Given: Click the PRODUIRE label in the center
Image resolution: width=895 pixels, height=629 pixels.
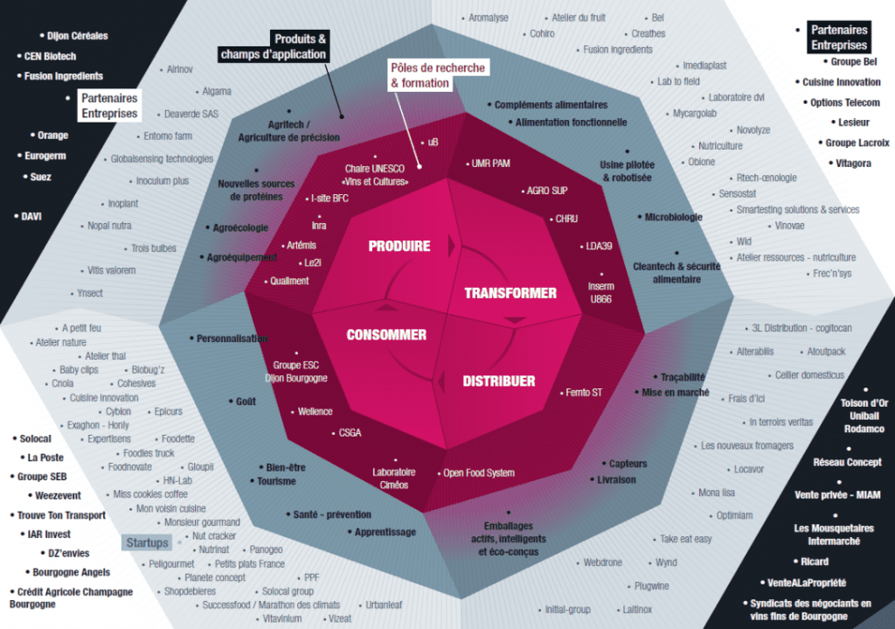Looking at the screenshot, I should point(399,246).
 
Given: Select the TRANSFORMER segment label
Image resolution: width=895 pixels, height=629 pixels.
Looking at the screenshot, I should point(510,293).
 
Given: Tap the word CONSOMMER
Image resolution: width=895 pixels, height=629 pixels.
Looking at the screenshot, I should point(386,335).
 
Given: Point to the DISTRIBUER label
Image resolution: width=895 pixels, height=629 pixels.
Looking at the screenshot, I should point(498,381).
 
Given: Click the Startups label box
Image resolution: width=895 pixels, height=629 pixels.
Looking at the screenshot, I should point(146,543).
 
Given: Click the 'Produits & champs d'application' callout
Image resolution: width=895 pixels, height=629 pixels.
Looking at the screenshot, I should point(274,46).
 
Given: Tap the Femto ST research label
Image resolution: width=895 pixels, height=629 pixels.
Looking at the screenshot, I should point(584,393).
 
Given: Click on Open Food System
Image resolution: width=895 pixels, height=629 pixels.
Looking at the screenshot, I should point(479,473).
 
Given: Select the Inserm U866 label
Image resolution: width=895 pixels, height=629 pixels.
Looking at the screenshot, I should point(601,292).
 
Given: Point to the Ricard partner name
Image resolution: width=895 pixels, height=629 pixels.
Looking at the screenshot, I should point(809,562).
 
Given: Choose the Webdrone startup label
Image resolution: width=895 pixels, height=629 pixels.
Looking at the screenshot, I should point(602,563).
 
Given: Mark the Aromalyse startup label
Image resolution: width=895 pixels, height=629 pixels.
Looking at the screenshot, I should point(489,17).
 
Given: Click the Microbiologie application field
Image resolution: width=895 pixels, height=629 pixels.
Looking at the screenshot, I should point(673,217).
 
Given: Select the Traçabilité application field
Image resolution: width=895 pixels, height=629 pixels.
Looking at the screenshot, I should point(683,377).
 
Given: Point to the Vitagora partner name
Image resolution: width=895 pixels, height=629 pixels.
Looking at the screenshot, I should point(853,163).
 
